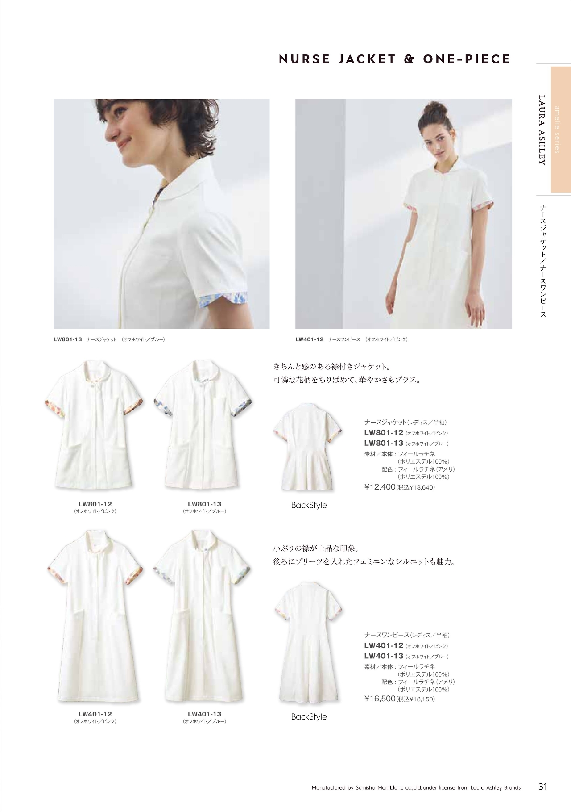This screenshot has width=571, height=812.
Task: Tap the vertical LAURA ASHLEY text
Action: pos(542,130)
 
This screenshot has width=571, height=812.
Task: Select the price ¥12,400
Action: pos(380,487)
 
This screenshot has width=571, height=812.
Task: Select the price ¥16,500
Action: pos(380,699)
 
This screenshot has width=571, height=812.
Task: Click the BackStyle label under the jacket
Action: pos(309,506)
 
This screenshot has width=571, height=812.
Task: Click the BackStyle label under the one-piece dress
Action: pos(309,717)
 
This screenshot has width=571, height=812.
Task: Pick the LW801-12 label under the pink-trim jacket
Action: pos(95,504)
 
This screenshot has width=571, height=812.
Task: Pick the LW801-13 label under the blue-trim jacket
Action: pos(204,504)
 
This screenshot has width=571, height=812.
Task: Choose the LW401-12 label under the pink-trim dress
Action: pos(95,714)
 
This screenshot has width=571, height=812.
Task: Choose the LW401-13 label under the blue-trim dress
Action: pos(204,714)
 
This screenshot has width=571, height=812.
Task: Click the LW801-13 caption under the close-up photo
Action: pos(110,339)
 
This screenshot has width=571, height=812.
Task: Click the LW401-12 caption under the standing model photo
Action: pos(352,339)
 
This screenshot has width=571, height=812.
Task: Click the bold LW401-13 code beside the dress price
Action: pos(384,656)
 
